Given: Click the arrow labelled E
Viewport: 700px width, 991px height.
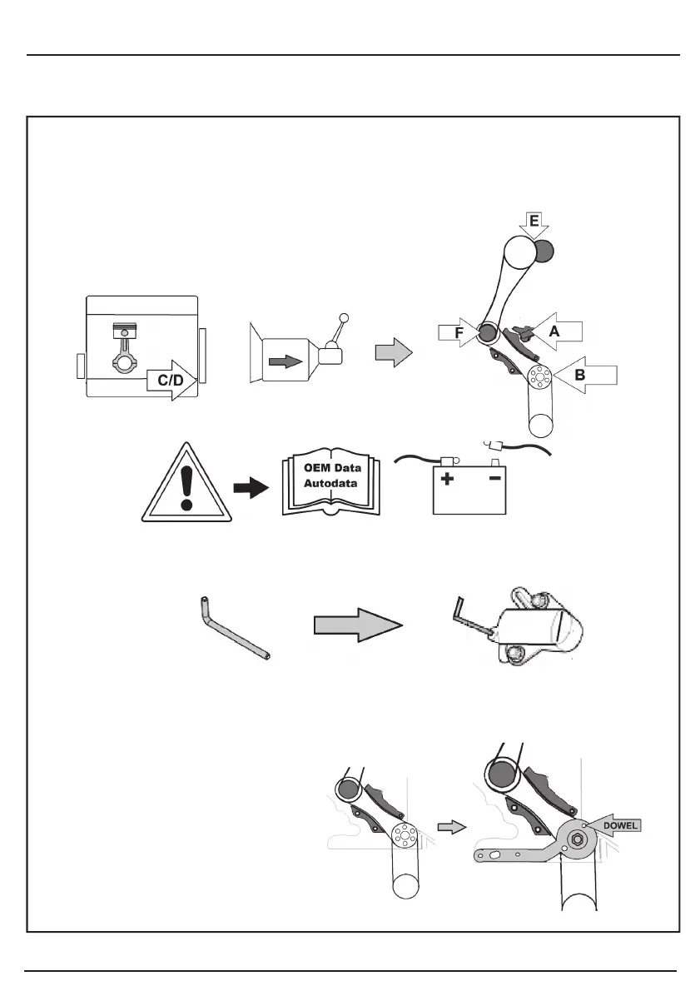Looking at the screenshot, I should click(534, 223).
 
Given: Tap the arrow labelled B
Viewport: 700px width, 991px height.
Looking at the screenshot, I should click(588, 376).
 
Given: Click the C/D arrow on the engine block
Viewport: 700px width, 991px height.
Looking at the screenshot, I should click(171, 381).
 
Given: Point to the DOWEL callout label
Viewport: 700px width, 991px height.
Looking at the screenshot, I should click(621, 826).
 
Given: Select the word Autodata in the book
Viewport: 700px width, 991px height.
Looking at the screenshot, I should click(329, 483).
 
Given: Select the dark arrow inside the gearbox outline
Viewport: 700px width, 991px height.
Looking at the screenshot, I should click(285, 361).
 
